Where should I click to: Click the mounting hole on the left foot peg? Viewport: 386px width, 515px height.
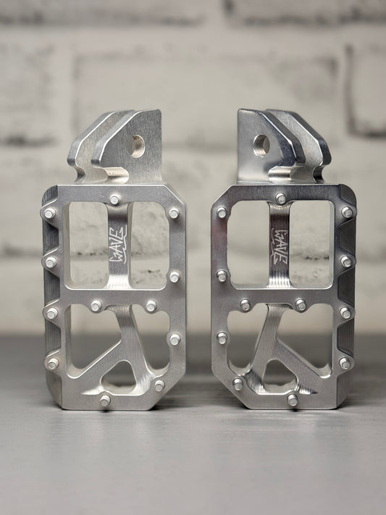[x=137, y=146]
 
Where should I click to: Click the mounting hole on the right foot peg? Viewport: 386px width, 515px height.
[x=261, y=145]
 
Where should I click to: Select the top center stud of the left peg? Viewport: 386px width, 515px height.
[x=115, y=199]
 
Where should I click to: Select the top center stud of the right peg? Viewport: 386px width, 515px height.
[x=280, y=198]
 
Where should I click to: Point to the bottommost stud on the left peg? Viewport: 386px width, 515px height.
[x=105, y=399]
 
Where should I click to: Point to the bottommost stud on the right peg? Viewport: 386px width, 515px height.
[x=292, y=399]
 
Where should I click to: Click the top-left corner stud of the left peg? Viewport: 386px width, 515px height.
[x=49, y=214]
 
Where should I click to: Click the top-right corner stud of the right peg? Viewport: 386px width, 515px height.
[x=347, y=212]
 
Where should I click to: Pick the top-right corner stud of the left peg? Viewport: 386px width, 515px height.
[x=174, y=214]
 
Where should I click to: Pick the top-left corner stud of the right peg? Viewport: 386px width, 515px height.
[x=222, y=213]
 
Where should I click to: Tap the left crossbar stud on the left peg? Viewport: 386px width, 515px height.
[x=96, y=306]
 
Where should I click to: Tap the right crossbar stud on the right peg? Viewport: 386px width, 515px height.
[x=300, y=305]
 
